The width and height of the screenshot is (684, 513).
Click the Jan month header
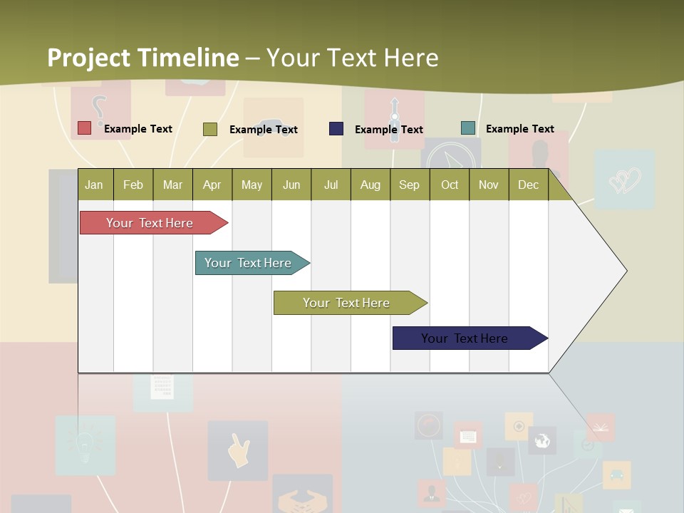coord(94,185)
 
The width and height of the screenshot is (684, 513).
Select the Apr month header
coord(212,185)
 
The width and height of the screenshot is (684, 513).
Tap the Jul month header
coord(331,185)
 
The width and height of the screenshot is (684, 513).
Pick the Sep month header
coord(409,185)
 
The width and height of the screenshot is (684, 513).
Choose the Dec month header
coord(528,185)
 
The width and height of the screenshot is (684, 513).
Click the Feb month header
coord(133,185)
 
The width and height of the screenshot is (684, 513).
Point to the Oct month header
coord(450,185)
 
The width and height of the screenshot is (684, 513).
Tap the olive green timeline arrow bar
coord(348,303)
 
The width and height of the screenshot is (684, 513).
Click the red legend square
coord(85,128)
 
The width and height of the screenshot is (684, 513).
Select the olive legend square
coord(210,129)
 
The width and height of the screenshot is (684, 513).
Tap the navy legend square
coord(336,129)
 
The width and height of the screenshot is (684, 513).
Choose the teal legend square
coord(468,128)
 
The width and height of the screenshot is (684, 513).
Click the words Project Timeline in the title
coord(142,58)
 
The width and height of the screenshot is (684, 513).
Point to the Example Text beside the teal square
coord(519,129)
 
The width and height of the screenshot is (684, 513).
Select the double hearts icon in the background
coord(624,180)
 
